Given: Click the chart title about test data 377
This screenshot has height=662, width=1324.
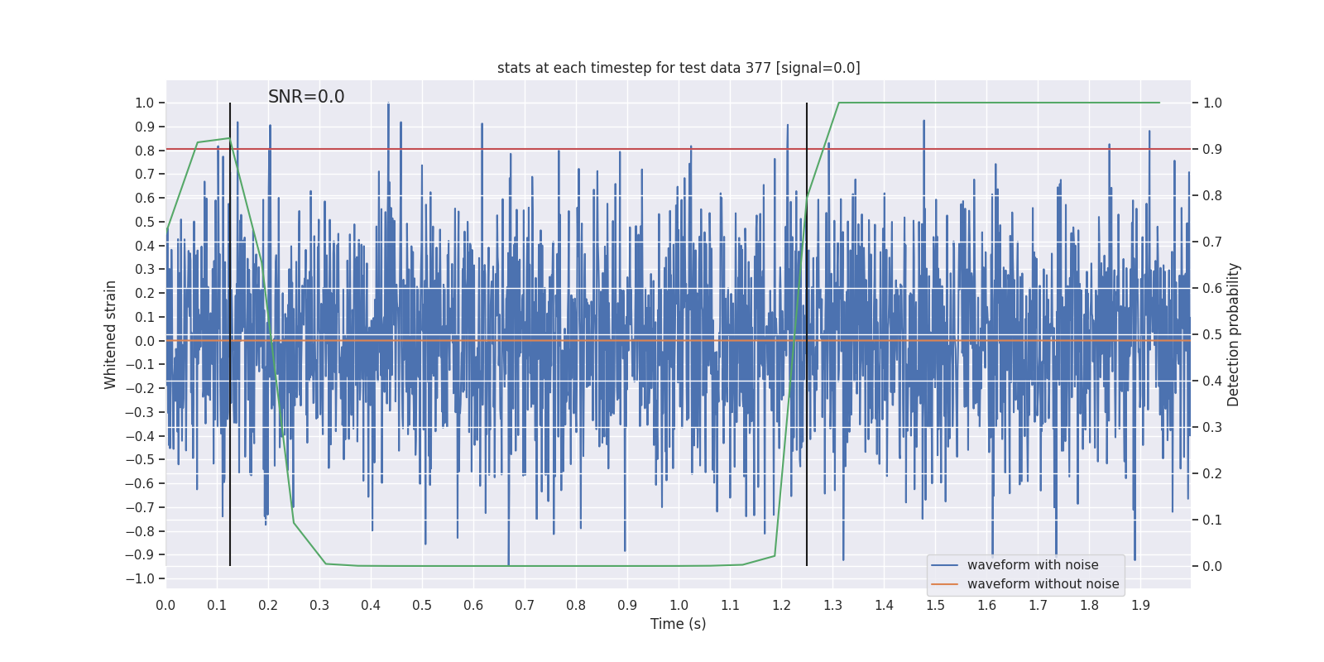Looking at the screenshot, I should [x=679, y=68].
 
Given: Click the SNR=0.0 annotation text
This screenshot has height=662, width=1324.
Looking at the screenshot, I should [x=306, y=97].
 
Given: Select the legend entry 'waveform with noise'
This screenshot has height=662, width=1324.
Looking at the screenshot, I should [x=1033, y=565].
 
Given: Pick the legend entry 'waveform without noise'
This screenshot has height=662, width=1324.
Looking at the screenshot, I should [x=1043, y=584].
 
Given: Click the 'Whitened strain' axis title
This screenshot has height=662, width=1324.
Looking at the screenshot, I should [x=111, y=334].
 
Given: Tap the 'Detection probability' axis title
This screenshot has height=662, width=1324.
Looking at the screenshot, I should [x=1234, y=334].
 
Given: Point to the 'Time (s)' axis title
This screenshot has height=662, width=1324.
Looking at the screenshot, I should [x=679, y=624].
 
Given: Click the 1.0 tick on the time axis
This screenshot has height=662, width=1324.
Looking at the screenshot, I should [x=679, y=605].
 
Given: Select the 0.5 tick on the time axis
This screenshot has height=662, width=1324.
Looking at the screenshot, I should [x=422, y=605].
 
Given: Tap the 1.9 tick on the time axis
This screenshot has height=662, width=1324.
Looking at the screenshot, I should [x=1140, y=605].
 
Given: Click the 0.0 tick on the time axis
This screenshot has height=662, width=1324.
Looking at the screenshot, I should [x=165, y=605].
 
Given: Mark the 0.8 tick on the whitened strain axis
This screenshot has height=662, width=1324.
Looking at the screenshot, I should [x=145, y=151].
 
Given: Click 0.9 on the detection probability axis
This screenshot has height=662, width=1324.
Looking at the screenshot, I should [x=1212, y=149].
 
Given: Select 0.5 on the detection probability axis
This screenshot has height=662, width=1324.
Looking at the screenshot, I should [x=1212, y=334].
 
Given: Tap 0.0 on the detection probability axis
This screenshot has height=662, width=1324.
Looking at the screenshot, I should [x=1212, y=566].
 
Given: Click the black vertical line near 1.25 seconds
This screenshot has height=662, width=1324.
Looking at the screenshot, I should [x=807, y=331].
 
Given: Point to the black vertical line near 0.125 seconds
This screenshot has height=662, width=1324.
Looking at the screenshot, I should [x=230, y=331].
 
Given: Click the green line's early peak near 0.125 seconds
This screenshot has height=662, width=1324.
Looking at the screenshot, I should [x=229, y=138].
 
